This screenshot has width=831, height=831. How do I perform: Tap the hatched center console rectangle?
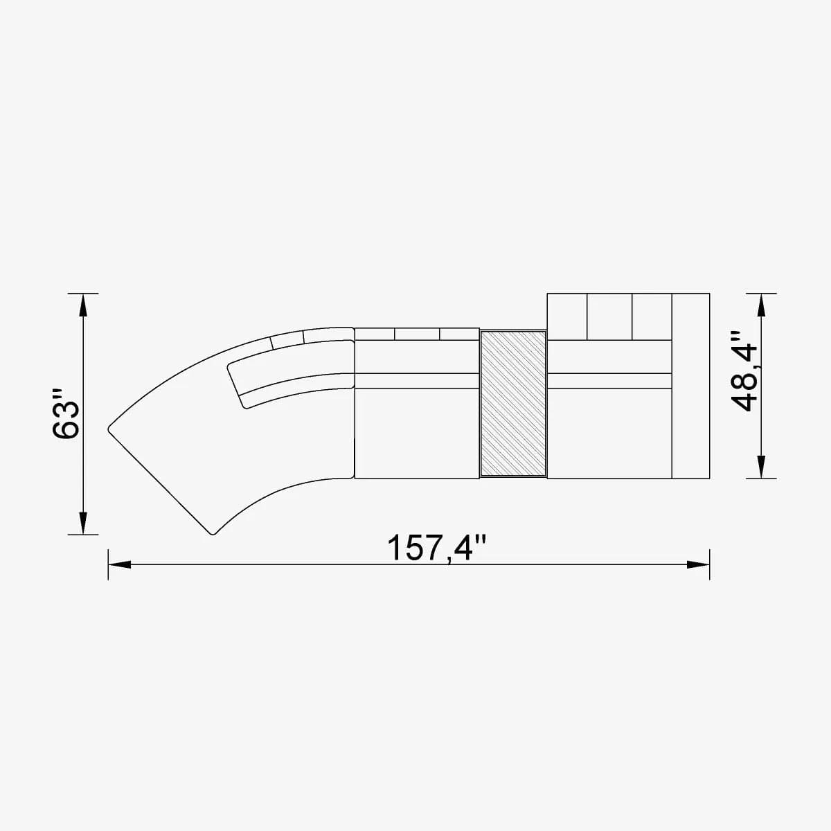click(513, 403)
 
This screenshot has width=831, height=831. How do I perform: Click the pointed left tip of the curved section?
click(110, 429)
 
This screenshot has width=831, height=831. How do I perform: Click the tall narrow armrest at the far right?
click(690, 386)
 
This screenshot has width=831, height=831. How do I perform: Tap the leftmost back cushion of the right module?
click(567, 316)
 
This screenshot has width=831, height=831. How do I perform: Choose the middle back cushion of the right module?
click(609, 316)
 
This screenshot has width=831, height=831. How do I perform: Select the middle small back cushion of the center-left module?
click(417, 334)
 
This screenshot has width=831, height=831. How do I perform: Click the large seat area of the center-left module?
click(416, 433)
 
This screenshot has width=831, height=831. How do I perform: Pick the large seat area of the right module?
click(609, 433)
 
